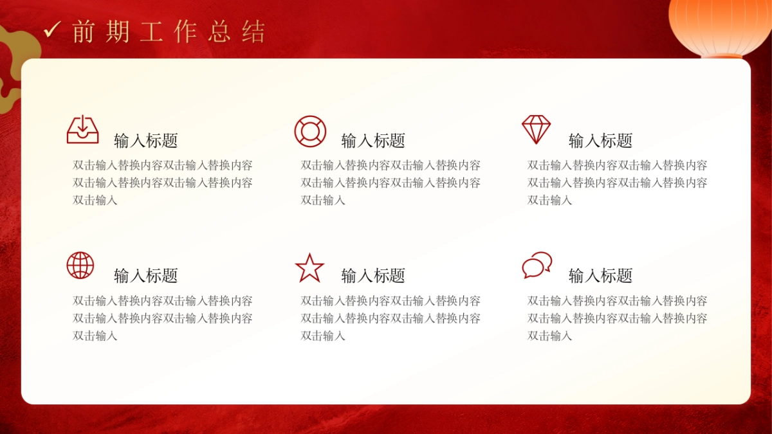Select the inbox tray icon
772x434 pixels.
83,129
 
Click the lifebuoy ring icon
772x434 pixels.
310,131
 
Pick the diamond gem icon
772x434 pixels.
536,129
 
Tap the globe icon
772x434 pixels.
80,265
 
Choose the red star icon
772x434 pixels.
309,267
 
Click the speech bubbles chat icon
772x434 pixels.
537,265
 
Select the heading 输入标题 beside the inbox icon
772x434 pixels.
146,141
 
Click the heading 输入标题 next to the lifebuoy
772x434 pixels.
373,141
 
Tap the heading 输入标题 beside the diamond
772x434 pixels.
601,141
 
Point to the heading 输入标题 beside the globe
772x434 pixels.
146,276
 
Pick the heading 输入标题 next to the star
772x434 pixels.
373,276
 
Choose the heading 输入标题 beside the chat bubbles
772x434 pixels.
601,276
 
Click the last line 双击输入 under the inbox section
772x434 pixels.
95,200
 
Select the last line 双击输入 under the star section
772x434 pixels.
323,336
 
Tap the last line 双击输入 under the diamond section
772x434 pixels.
550,200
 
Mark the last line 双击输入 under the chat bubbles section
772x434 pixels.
550,336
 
